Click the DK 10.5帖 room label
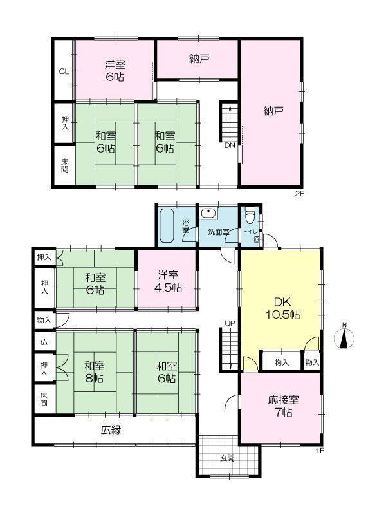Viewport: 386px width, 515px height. [x=282, y=308]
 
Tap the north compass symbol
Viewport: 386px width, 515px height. [x=344, y=337]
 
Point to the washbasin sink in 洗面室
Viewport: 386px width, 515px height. [x=208, y=213]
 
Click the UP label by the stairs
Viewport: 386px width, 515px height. [x=230, y=323]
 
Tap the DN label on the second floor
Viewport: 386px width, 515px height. [x=230, y=145]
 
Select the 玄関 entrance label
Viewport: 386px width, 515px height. [x=227, y=458]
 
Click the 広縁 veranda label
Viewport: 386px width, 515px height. [x=111, y=429]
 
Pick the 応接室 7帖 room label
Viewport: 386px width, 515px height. [x=283, y=406]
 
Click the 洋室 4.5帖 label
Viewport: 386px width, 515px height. [x=168, y=281]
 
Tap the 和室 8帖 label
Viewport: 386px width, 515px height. [x=94, y=371]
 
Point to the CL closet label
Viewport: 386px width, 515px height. [x=64, y=71]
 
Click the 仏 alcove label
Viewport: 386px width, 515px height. [x=44, y=342]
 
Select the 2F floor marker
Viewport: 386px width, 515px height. [x=299, y=194]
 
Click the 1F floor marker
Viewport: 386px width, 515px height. [x=320, y=451]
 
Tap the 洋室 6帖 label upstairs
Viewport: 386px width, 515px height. [x=115, y=71]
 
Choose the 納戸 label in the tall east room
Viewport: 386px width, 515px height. [x=273, y=111]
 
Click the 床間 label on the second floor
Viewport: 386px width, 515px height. [x=65, y=166]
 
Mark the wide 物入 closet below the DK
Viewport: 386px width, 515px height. [x=281, y=362]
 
